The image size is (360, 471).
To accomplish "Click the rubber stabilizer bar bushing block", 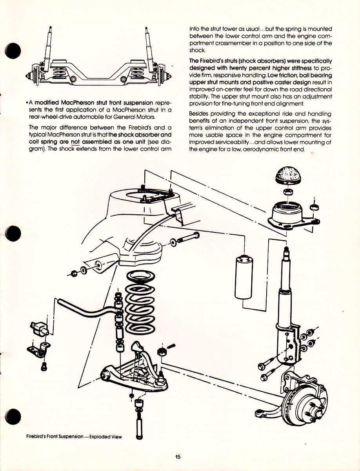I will point(39,327).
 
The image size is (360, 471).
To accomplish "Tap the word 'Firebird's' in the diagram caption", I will point(40,436).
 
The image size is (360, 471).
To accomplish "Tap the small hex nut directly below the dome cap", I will point(287,192).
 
